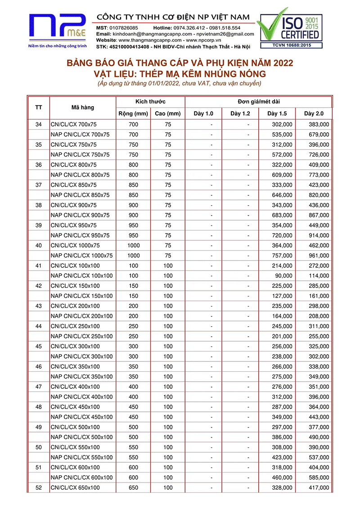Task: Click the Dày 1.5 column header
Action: (x=277, y=113)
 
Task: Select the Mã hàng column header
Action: (x=83, y=108)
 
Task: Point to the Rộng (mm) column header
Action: (x=133, y=113)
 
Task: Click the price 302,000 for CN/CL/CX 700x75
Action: (x=283, y=124)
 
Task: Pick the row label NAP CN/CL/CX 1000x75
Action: (x=81, y=256)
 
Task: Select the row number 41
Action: (x=38, y=266)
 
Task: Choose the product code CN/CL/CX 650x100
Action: (x=75, y=487)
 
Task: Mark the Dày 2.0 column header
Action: (x=314, y=113)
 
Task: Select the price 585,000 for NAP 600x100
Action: (x=319, y=477)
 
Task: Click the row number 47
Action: (x=38, y=387)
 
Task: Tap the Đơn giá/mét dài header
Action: (x=258, y=102)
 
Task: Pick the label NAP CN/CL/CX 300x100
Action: (x=81, y=356)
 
